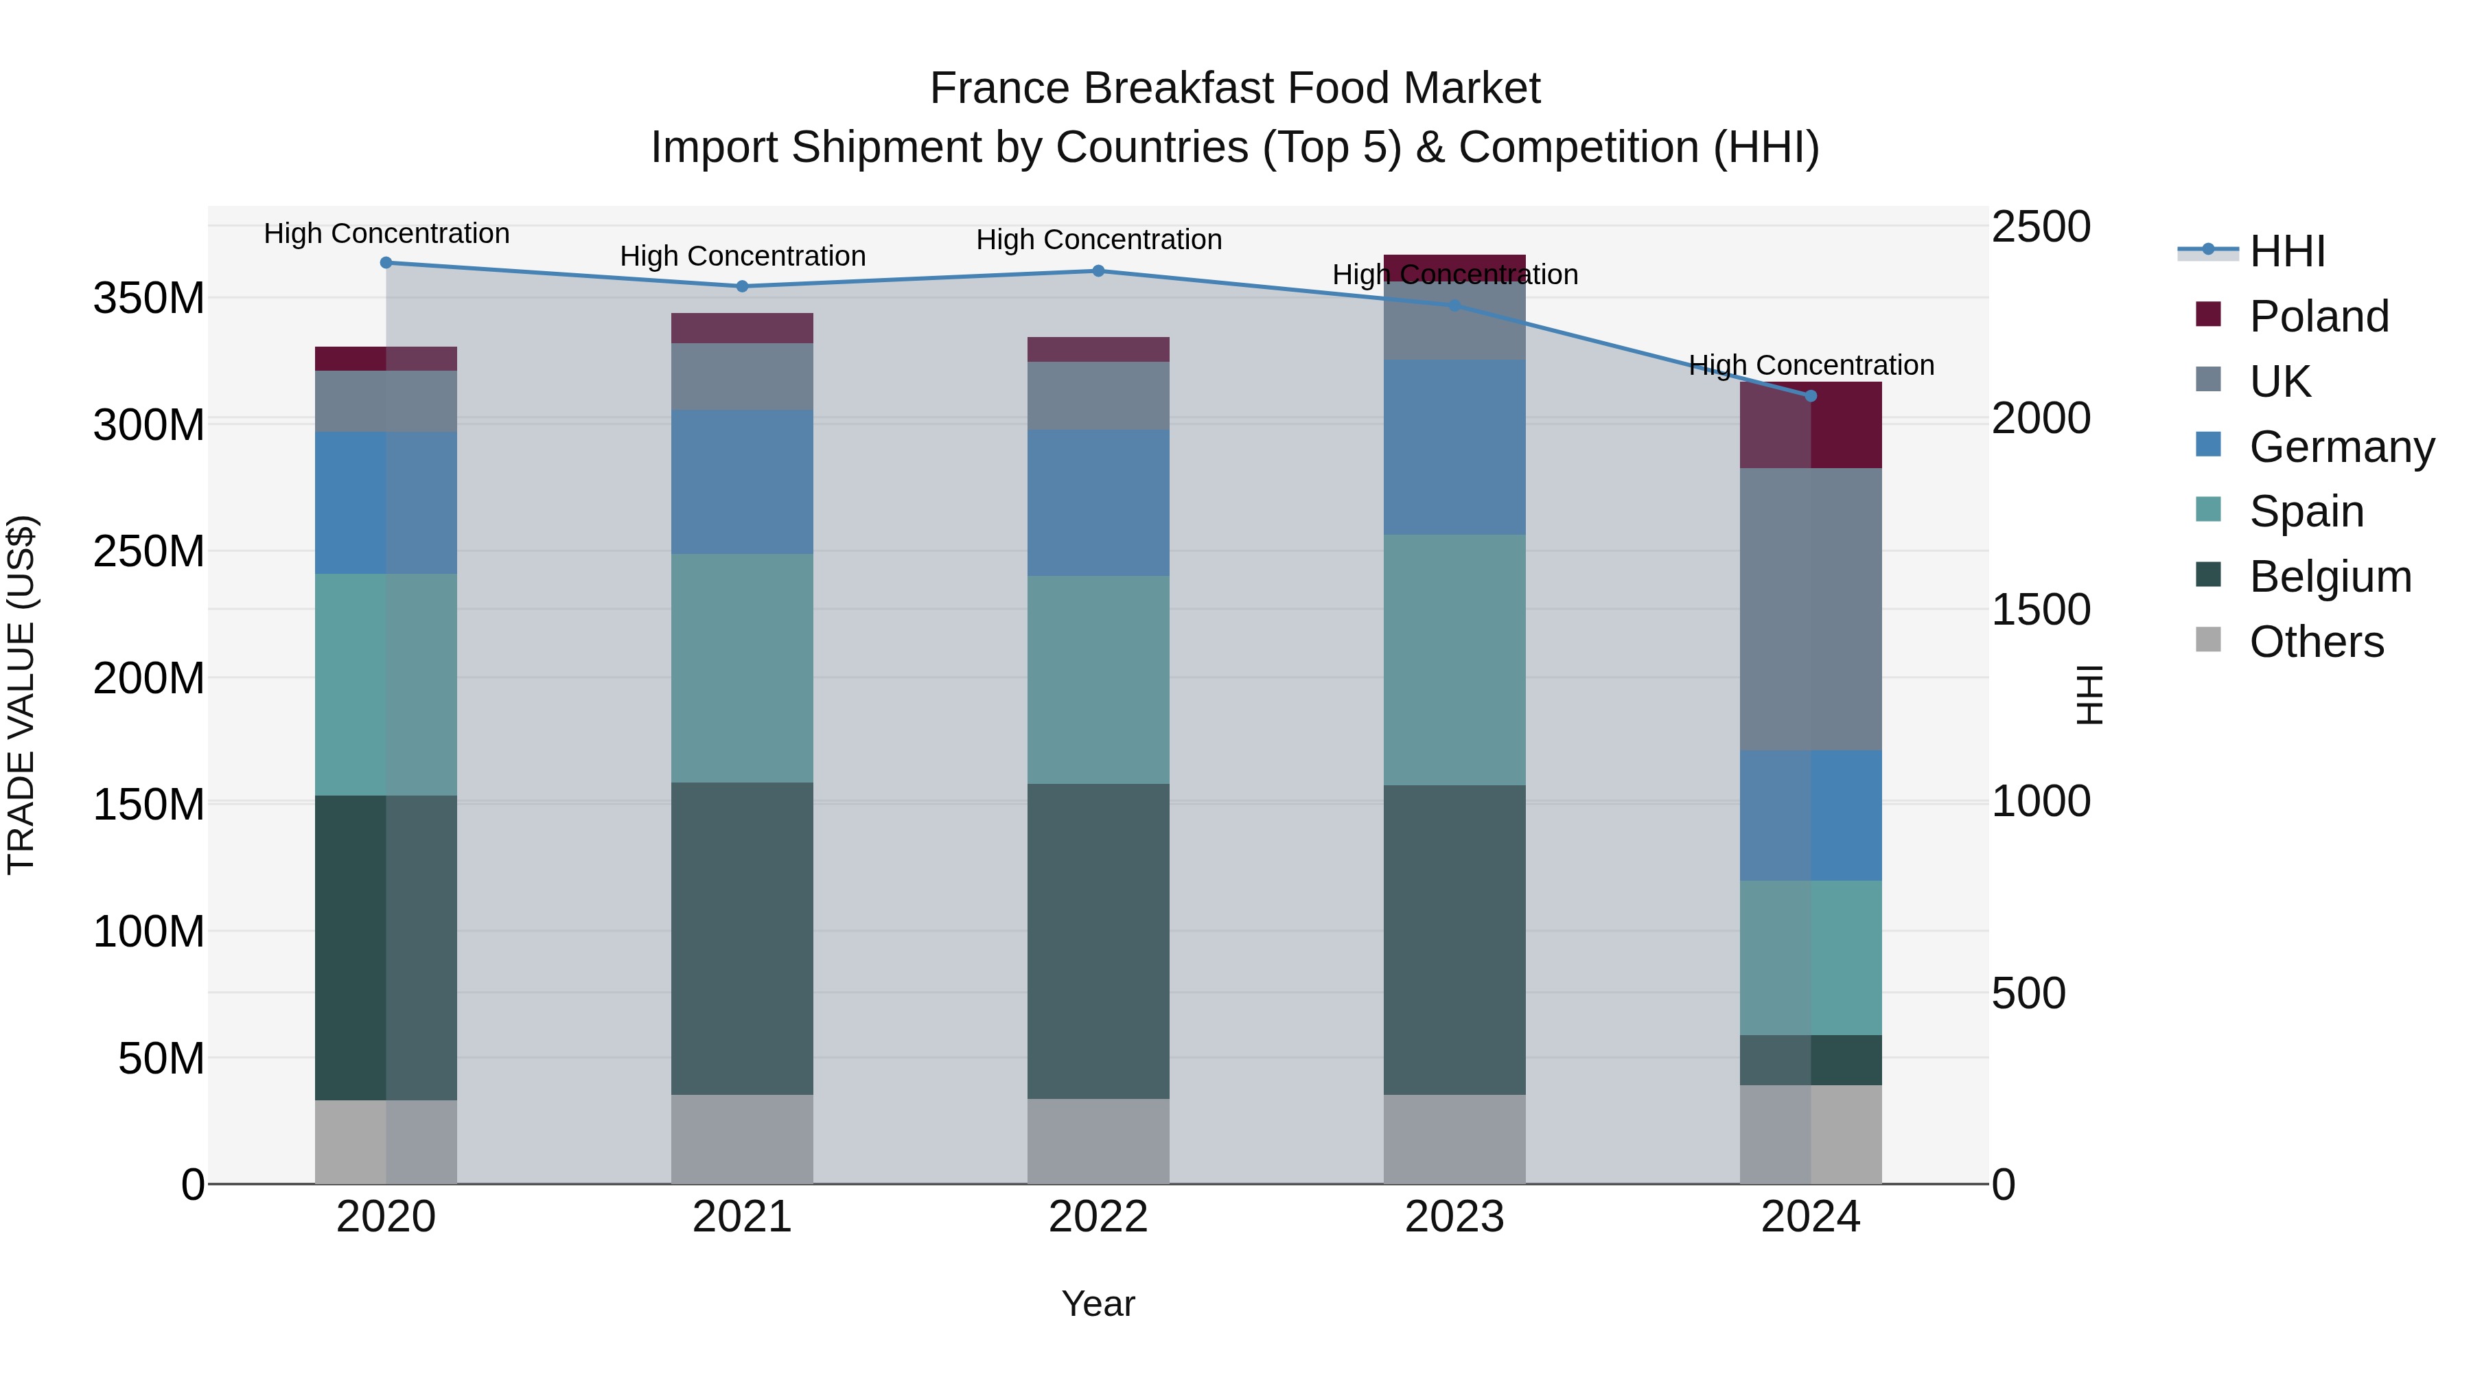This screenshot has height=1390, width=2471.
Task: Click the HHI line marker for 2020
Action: pos(386,263)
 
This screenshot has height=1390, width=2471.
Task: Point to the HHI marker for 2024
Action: pos(1810,396)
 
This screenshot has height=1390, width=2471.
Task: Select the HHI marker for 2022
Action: pos(1098,271)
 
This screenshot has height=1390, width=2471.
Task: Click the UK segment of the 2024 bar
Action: pos(1810,609)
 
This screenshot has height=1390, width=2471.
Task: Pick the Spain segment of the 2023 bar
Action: pos(1454,660)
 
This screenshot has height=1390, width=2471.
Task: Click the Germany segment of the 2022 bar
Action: pos(1098,502)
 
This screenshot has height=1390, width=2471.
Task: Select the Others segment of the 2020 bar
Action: pos(386,1142)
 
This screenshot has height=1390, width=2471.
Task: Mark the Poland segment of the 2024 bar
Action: pos(1810,425)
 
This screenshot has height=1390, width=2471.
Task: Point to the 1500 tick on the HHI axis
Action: pos(2041,610)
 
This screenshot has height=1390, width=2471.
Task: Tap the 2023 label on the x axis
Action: pos(1454,1217)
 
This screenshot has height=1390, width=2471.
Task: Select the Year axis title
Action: pos(1098,1304)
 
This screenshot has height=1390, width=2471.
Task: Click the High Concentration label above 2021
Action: pos(743,256)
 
